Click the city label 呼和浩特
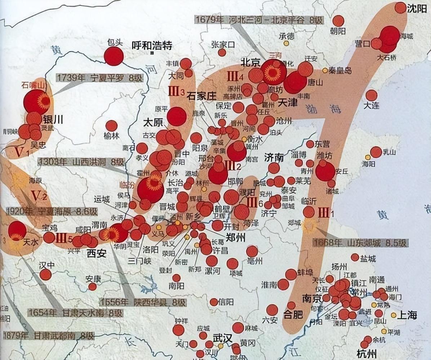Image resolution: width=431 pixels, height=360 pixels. (x=152, y=46)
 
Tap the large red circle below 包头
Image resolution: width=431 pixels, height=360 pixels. (x=114, y=56)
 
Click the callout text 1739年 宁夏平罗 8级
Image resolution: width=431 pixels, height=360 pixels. (x=98, y=77)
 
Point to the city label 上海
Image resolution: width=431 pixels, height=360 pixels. (x=407, y=315)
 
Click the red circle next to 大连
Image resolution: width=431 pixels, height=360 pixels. (x=371, y=95)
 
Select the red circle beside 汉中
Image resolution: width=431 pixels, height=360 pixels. (x=45, y=275)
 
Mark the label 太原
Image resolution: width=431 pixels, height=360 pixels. (x=153, y=122)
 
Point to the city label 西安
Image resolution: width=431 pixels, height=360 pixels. (x=97, y=253)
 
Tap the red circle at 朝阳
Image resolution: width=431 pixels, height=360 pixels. (x=338, y=21)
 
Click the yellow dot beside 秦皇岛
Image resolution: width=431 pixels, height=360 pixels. (x=325, y=71)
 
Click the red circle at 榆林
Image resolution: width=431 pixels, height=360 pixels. (x=111, y=126)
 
